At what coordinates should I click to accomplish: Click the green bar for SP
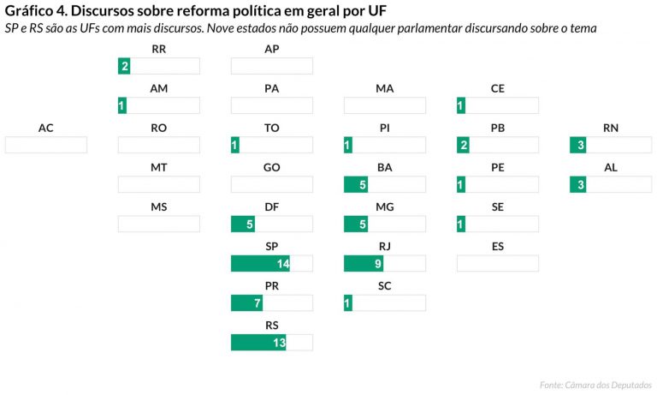pos(260,263)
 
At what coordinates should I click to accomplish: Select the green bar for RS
pos(258,342)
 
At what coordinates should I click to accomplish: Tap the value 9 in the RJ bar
pos(377,263)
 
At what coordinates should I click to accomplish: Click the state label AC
pos(46,129)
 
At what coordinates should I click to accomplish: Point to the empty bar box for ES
pos(497,263)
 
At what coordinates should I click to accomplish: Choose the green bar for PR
pos(246,302)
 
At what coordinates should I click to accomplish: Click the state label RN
pos(611,129)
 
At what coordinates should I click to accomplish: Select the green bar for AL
pos(578,184)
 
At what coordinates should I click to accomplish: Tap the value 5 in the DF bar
pos(249,224)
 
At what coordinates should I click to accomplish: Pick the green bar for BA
pos(356,184)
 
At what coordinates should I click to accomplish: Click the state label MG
pos(385,207)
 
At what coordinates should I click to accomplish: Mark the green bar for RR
pos(124,66)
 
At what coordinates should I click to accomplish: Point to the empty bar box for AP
pos(272,66)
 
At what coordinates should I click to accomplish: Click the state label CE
pos(498,89)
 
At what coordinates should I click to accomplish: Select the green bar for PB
pos(464,145)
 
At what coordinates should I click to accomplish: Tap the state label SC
pos(385,286)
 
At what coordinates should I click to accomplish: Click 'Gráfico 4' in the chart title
pos(35,11)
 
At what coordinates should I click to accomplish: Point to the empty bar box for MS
pos(159,224)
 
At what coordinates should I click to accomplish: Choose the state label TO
pos(272,129)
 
